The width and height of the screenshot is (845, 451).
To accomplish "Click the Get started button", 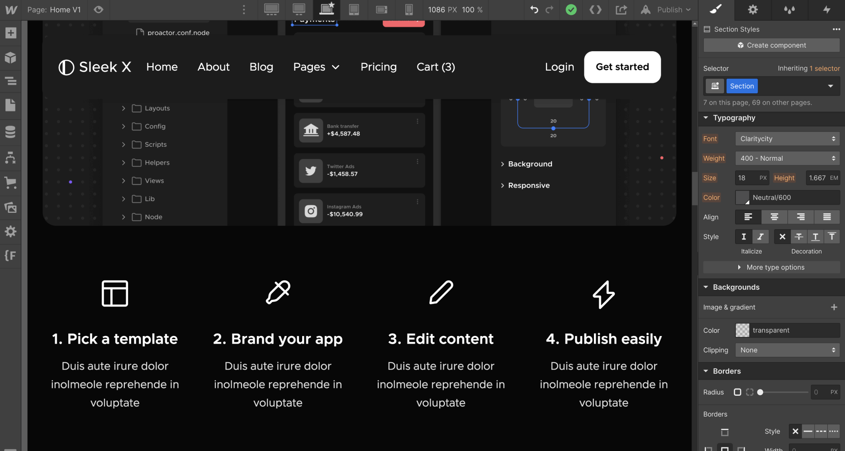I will (x=622, y=67).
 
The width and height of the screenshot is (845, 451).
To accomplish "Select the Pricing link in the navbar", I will (x=378, y=67).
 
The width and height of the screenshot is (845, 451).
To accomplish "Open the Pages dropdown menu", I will (x=316, y=67).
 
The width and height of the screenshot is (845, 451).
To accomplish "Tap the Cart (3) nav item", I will (x=436, y=67).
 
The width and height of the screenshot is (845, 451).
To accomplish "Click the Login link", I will (x=559, y=67).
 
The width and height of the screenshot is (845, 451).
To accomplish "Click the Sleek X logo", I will (x=95, y=67).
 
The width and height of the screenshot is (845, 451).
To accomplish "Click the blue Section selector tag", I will (x=741, y=86).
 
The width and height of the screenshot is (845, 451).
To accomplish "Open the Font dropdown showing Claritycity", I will (x=787, y=139).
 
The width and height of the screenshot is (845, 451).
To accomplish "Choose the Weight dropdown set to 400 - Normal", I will (x=787, y=158).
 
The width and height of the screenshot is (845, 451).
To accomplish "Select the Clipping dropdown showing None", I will (x=787, y=350).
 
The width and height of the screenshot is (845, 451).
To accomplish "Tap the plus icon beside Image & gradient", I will (x=834, y=307).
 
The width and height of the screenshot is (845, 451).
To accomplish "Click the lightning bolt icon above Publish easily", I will (x=603, y=294).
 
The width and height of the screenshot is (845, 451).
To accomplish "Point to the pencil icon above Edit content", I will (x=441, y=293).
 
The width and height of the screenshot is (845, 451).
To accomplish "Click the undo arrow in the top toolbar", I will (x=534, y=10).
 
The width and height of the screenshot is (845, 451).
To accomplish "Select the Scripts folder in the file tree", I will (x=155, y=144).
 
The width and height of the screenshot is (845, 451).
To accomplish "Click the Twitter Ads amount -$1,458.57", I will (x=342, y=174).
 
